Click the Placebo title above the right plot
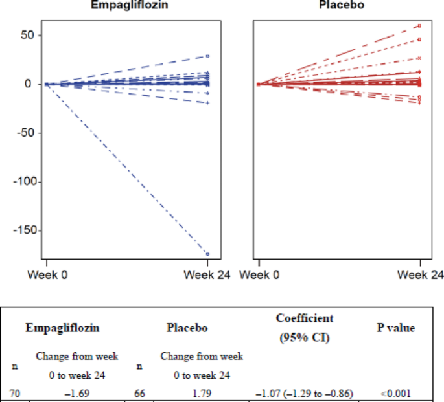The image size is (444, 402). pyautogui.click(x=337, y=5)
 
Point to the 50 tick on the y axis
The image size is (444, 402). pyautogui.click(x=24, y=35)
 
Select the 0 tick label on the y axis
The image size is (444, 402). pyautogui.click(x=29, y=84)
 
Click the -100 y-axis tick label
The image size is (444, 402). pyautogui.click(x=19, y=182)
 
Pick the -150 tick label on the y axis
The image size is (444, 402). pyautogui.click(x=19, y=230)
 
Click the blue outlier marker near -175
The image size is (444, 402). pyautogui.click(x=207, y=254)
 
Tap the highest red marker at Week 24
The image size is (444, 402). pyautogui.click(x=420, y=26)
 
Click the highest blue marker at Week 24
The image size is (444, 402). pyautogui.click(x=207, y=56)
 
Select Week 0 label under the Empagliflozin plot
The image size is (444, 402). pyautogui.click(x=47, y=274)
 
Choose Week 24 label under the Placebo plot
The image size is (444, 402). pyautogui.click(x=421, y=274)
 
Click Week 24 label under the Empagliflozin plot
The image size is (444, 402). pyautogui.click(x=207, y=274)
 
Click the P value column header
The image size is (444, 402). pyautogui.click(x=396, y=328)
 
